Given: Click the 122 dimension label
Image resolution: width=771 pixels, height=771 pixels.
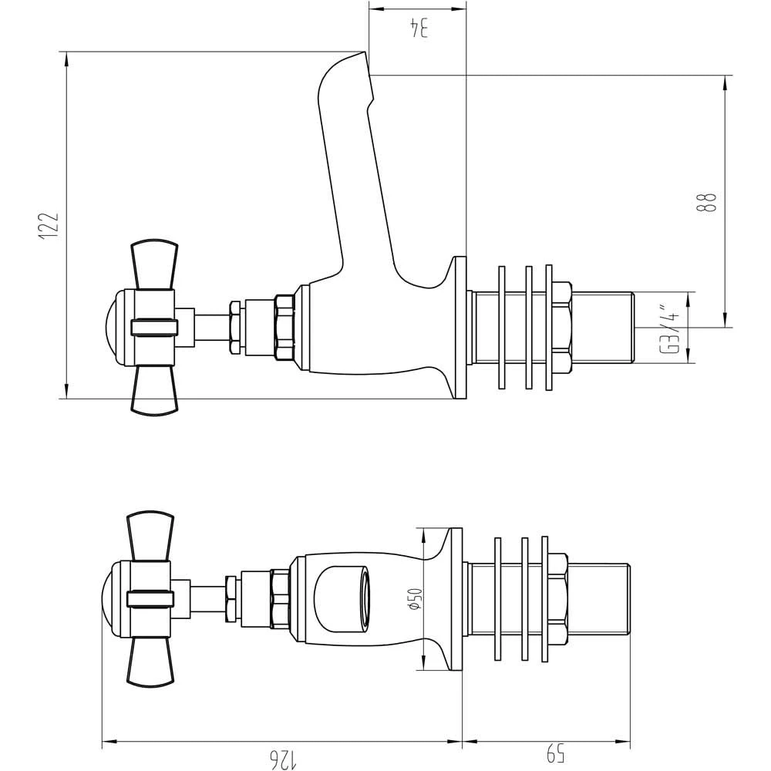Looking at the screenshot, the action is point(49,226).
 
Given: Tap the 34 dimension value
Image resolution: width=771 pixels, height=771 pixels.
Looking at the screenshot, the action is point(419,28).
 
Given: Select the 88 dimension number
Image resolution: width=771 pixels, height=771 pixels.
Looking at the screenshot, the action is point(706,201).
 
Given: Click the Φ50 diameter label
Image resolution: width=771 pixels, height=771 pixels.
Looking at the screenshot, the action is point(415,599).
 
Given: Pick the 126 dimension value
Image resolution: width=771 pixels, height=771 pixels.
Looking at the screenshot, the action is point(281,759).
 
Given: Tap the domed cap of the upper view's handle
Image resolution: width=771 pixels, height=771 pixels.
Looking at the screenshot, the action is point(111,327).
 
